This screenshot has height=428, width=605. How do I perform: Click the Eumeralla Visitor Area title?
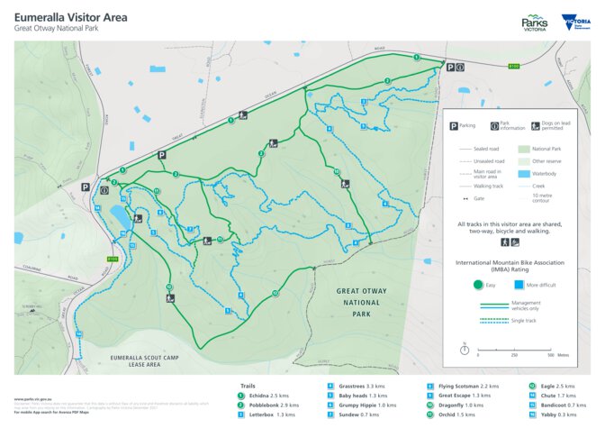coord(70,16)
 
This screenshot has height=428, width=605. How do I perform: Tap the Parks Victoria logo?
coord(534,23)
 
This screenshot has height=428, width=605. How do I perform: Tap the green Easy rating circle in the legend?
coord(480,285)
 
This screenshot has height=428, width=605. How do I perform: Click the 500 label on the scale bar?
coord(549,355)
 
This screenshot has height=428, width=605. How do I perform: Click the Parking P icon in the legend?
coord(453,126)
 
